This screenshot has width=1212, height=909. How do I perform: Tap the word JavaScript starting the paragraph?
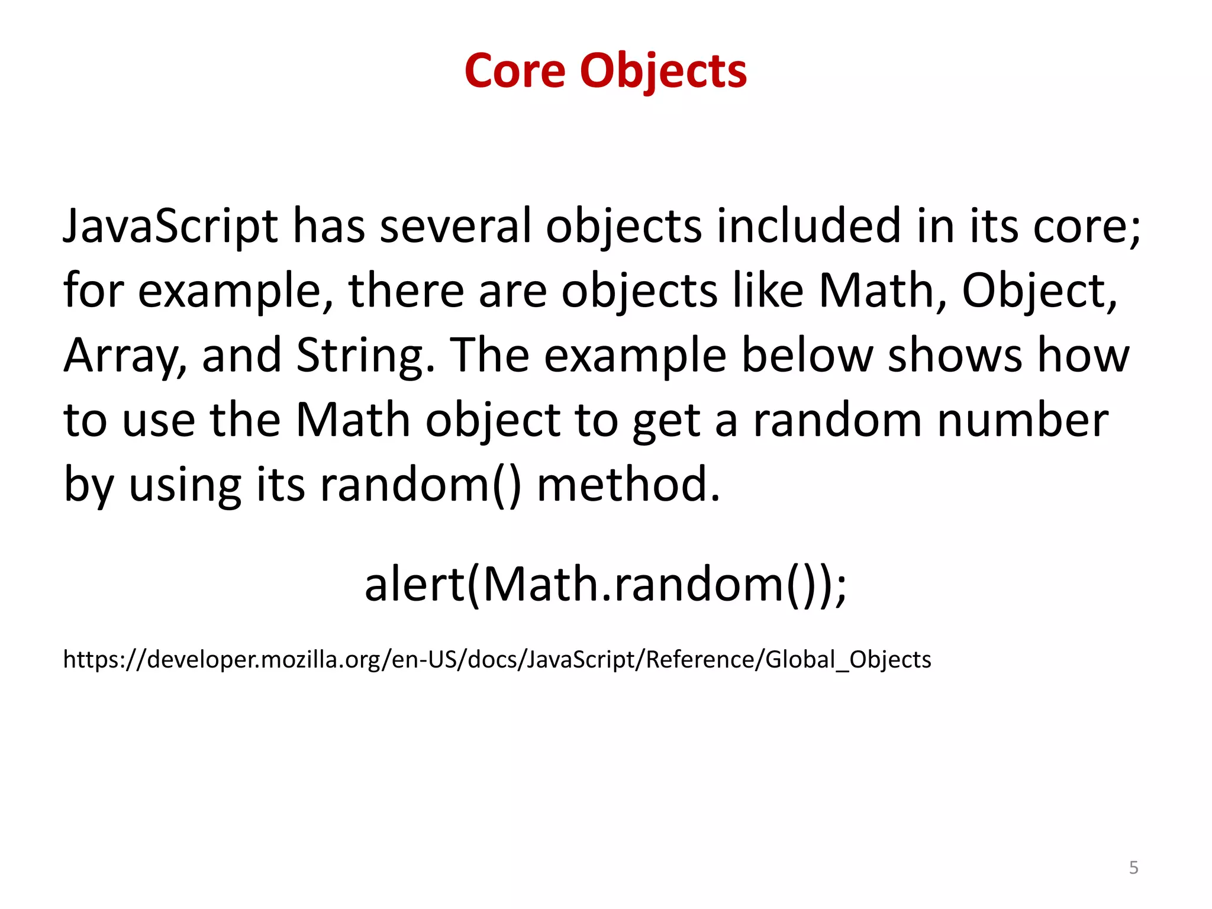(x=170, y=227)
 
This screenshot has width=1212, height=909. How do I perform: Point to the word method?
(x=628, y=485)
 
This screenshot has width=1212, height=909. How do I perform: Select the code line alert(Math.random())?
(x=606, y=585)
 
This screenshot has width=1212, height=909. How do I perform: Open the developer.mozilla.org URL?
(x=497, y=659)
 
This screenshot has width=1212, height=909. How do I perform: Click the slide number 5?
(x=1133, y=868)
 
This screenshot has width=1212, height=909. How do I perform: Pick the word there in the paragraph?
(x=406, y=291)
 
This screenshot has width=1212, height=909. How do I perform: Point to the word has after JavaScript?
(x=329, y=227)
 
